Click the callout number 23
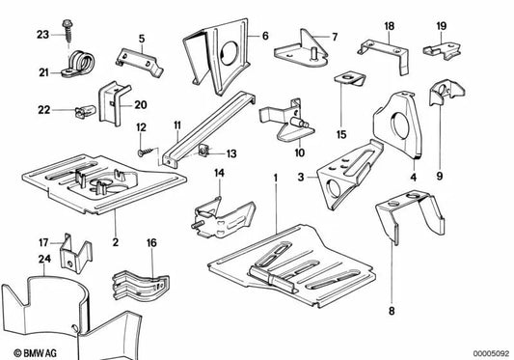42,35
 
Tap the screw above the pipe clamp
68,31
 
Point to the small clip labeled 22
85,111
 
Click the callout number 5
142,39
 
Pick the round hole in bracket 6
229,53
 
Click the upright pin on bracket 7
314,54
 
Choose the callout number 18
389,26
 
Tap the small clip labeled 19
443,50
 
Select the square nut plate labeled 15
350,79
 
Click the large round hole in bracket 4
400,125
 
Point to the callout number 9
439,177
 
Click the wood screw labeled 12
146,152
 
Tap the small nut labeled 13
203,152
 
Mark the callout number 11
177,125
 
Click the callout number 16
151,243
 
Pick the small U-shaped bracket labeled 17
75,252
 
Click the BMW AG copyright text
35,353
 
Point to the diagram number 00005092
491,353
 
